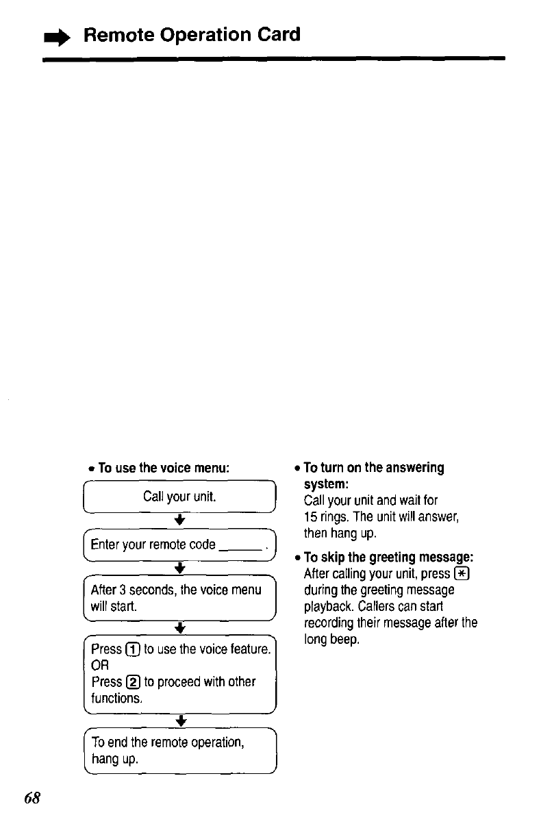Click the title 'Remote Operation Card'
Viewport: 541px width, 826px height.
192,35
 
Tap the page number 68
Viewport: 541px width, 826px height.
32,799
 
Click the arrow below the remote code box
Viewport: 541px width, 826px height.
177,568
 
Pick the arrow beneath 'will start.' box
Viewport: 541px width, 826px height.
177,628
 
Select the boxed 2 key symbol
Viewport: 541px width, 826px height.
134,682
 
